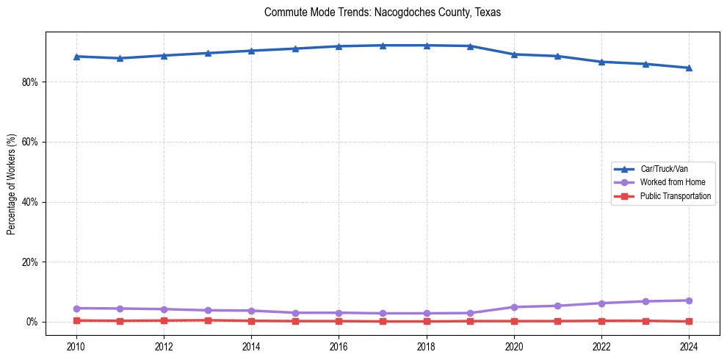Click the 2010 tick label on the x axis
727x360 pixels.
coord(76,345)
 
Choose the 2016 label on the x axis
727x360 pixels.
coord(339,345)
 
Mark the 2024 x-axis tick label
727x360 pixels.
coord(689,345)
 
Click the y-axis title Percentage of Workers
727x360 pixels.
coord(12,184)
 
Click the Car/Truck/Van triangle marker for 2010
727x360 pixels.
coord(76,57)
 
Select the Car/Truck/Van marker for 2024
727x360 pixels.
coord(689,68)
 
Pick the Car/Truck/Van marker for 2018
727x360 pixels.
coord(427,46)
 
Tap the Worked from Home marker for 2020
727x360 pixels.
coord(514,307)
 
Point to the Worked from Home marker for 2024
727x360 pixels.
coord(689,300)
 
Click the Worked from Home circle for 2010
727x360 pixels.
coord(76,309)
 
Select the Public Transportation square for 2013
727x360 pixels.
coord(208,320)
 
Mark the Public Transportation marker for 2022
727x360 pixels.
coord(601,321)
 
